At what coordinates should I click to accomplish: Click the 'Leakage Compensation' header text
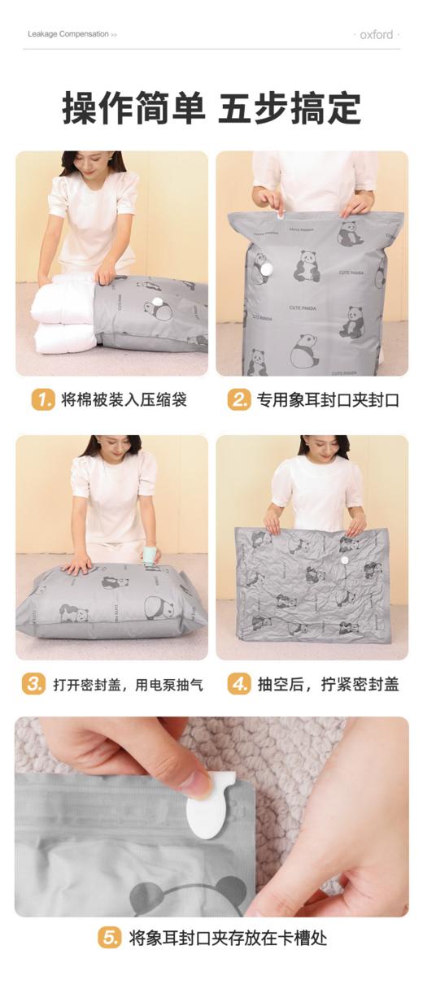68,34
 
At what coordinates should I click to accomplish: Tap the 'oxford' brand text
377,35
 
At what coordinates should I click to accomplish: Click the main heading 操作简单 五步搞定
211,108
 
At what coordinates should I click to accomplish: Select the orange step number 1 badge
42,400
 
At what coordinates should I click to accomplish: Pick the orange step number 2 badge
238,400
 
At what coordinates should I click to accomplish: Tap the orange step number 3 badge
33,684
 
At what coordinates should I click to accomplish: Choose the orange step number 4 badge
238,684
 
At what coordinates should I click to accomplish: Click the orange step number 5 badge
110,938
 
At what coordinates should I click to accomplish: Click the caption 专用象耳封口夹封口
328,400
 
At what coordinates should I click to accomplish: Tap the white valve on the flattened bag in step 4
344,560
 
